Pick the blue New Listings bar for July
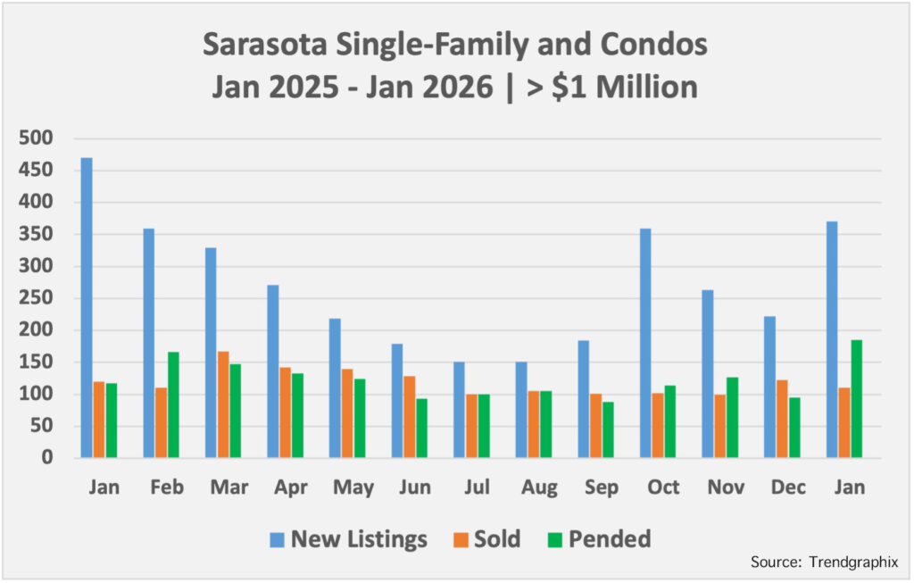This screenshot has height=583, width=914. [x=459, y=410]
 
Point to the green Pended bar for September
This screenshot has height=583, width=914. [x=608, y=429]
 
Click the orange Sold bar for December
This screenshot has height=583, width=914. [x=782, y=419]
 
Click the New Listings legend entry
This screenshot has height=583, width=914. [x=349, y=539]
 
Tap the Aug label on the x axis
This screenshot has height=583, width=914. [x=539, y=487]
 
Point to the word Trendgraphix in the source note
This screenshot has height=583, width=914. [x=853, y=562]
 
